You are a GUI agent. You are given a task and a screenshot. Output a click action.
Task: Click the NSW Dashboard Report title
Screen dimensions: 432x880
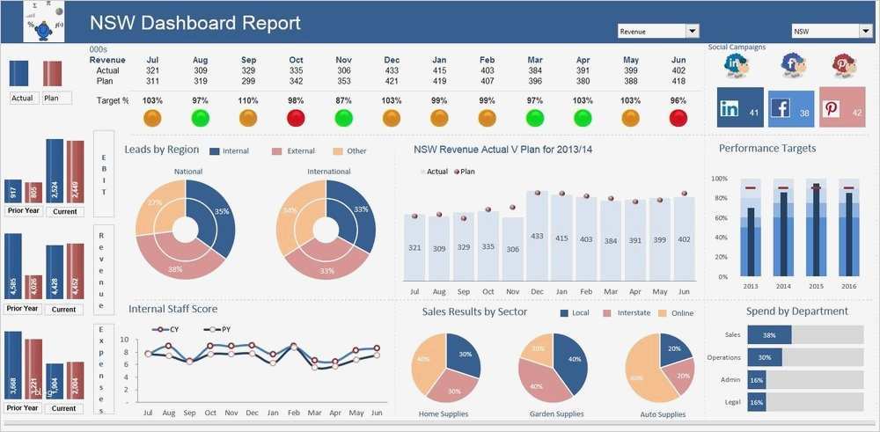(194, 24)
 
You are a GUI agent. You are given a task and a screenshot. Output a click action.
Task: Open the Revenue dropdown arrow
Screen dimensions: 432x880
(693, 32)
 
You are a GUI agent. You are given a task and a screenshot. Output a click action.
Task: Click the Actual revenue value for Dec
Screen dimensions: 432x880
(392, 70)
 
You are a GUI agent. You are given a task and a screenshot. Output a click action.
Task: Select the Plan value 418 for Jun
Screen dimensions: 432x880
(678, 81)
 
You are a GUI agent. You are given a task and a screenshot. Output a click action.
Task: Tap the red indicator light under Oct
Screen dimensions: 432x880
(296, 118)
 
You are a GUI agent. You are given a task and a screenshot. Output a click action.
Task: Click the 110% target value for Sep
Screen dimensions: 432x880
(247, 101)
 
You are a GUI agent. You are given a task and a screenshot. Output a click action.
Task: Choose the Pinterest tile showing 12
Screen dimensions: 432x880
(841, 108)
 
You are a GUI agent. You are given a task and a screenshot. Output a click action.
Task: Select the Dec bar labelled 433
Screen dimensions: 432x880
(537, 237)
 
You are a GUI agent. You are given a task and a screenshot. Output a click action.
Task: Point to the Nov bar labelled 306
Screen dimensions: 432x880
(513, 249)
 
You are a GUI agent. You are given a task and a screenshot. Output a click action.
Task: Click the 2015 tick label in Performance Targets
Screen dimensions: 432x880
(816, 286)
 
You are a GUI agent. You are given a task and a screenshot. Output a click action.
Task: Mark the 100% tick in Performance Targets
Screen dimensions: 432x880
(719, 179)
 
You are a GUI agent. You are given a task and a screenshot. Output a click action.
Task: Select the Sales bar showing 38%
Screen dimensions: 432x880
(770, 335)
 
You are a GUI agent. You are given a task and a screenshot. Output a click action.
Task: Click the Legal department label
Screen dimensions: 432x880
(732, 402)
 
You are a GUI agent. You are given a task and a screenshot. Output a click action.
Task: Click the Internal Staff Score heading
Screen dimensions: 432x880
(172, 309)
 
